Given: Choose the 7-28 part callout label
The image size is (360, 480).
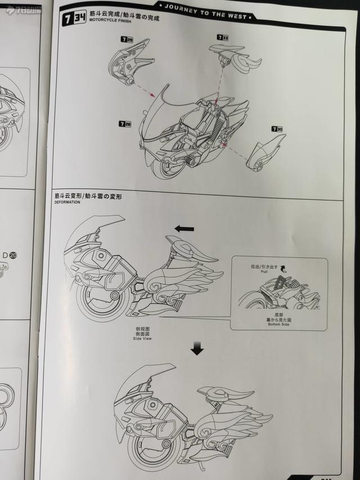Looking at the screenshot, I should coord(124,123).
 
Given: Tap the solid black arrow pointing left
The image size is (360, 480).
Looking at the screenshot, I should coord(184,228).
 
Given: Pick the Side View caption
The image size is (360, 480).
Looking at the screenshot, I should coord(142,338).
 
